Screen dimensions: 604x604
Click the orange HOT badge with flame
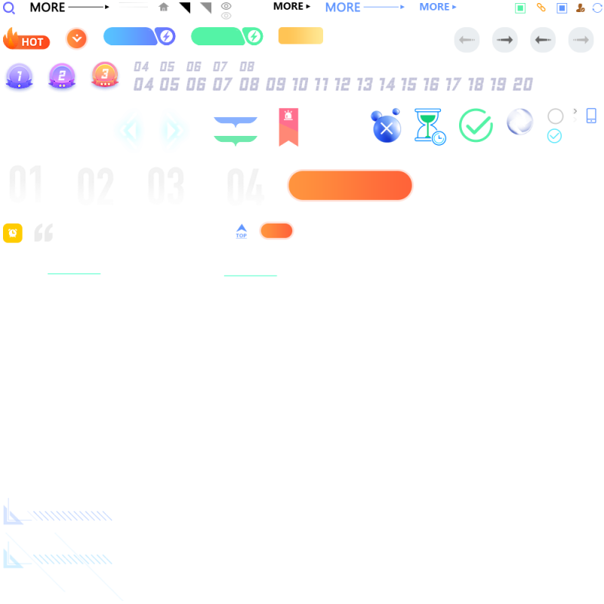26,39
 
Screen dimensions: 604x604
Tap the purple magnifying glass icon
9,8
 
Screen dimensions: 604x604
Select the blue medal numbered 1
19,76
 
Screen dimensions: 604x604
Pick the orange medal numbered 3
105,75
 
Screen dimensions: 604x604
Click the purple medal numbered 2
62,76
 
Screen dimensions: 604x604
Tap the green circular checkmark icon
476,125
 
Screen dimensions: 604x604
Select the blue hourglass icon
428,125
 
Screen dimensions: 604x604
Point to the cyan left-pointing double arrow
129,131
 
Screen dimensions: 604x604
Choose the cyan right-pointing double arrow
174,131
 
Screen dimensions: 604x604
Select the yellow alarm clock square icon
13,233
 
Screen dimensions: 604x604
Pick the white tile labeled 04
242,184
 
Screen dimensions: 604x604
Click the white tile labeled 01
26,184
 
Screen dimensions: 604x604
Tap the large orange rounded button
350,186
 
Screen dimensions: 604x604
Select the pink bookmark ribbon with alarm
288,127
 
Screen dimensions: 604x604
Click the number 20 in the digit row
522,84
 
